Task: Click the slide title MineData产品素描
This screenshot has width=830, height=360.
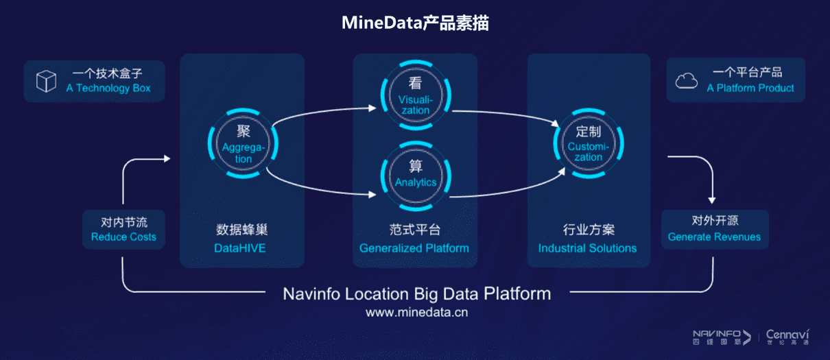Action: point(415,23)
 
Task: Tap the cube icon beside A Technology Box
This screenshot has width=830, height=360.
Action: point(46,81)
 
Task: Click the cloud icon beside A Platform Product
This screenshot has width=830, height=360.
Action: point(687,81)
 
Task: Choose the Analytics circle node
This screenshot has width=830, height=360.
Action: point(415,175)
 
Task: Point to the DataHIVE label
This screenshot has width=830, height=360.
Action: point(239,248)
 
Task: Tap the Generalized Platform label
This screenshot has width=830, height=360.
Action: point(414,248)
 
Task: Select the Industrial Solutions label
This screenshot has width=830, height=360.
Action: point(587,248)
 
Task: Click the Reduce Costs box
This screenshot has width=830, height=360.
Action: point(123,230)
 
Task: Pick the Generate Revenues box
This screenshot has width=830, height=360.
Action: point(714,230)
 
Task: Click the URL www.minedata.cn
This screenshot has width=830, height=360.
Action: point(416,313)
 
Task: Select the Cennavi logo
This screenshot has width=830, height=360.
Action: point(787,337)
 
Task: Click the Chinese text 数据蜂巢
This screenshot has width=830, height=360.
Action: point(239,229)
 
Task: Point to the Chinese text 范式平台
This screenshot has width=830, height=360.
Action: point(414,229)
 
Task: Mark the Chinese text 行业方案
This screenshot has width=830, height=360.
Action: point(587,229)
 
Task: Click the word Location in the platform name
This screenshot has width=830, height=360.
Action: point(375,294)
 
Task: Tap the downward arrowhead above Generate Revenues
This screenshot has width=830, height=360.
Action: point(714,199)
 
